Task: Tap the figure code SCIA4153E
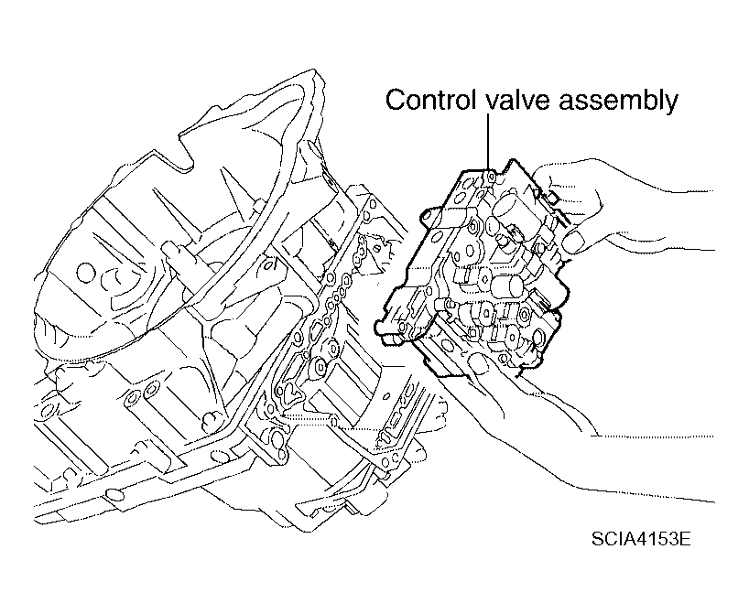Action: point(641,539)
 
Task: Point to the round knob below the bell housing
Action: point(211,419)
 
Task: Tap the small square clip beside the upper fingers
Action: point(554,197)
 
